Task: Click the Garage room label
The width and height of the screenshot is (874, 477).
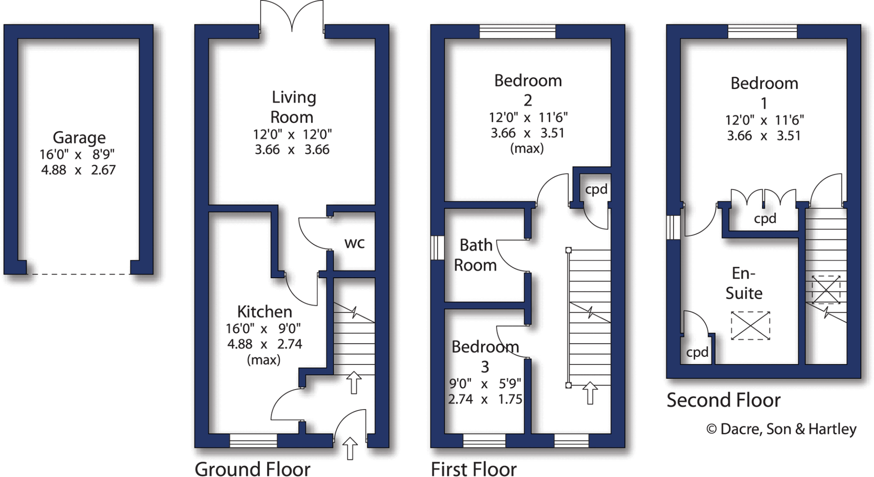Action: [79, 138]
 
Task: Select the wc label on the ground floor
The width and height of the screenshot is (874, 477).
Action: [354, 243]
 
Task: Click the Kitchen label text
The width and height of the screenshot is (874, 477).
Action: [265, 311]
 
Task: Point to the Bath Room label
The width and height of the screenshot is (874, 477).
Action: [475, 255]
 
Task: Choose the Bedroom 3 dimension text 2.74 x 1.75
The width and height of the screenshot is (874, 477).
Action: [485, 399]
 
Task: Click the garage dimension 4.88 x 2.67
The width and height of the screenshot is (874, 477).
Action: [79, 170]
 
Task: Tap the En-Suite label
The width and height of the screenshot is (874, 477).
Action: [744, 283]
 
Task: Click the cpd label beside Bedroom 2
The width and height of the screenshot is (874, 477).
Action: [596, 189]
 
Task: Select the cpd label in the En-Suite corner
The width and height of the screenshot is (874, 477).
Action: [697, 352]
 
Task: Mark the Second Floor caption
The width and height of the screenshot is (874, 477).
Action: [723, 400]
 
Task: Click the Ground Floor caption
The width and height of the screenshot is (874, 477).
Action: [253, 468]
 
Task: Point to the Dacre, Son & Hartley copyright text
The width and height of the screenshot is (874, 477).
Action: [781, 429]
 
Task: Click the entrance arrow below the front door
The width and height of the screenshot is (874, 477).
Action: [350, 448]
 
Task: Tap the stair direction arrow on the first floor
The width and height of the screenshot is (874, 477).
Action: [590, 393]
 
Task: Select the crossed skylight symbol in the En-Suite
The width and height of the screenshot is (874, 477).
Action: [750, 326]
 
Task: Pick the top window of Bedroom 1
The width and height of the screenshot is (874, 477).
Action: [762, 31]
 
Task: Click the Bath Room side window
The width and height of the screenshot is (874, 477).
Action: [437, 247]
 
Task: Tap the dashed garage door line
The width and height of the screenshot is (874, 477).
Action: [79, 274]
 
